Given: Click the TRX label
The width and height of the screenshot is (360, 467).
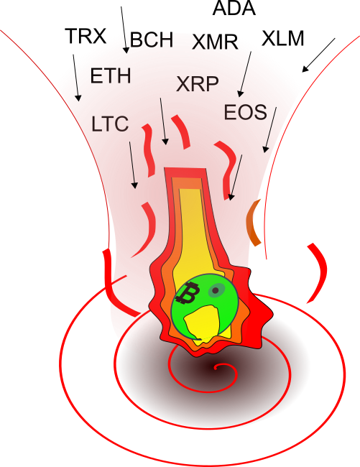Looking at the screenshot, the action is pyautogui.click(x=86, y=36).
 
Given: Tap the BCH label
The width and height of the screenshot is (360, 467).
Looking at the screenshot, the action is pyautogui.click(x=152, y=40).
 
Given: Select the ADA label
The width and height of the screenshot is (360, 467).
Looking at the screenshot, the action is pyautogui.click(x=234, y=8).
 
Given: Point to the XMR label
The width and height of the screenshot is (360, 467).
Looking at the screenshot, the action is pyautogui.click(x=215, y=42).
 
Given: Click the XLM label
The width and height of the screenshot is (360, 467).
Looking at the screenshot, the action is pyautogui.click(x=283, y=38).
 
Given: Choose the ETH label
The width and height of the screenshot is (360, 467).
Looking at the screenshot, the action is pyautogui.click(x=111, y=75).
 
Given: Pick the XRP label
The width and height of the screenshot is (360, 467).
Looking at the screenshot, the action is pyautogui.click(x=198, y=83).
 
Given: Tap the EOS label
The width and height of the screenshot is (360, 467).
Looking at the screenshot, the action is pyautogui.click(x=245, y=112).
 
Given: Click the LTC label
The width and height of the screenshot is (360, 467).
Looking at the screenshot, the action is pyautogui.click(x=110, y=124).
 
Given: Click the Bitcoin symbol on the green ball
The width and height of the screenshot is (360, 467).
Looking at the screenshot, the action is pyautogui.click(x=188, y=293).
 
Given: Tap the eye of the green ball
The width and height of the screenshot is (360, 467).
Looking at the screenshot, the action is pyautogui.click(x=216, y=290).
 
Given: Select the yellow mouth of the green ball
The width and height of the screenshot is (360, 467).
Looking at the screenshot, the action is pyautogui.click(x=202, y=323).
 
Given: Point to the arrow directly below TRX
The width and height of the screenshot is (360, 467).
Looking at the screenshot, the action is pyautogui.click(x=76, y=78).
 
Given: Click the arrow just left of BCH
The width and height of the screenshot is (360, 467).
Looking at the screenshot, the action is pyautogui.click(x=124, y=29).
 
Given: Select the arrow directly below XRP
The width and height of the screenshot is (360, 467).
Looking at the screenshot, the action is pyautogui.click(x=163, y=121).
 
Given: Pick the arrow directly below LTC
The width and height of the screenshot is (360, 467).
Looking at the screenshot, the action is pyautogui.click(x=132, y=165).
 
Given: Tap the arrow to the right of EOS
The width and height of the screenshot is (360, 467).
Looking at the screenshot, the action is pyautogui.click(x=270, y=130).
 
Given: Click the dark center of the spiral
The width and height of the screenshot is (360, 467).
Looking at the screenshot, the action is pyautogui.click(x=215, y=368).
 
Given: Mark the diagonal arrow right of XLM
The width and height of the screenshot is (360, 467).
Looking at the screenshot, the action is pyautogui.click(x=318, y=55).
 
